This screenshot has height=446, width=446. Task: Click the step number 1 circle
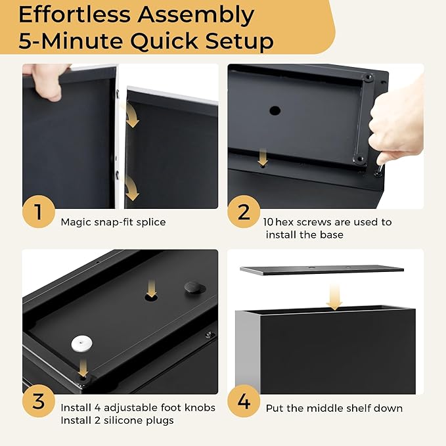point(38,212)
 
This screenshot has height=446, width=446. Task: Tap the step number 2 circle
point(244,212)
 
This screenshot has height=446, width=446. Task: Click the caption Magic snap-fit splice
point(113,222)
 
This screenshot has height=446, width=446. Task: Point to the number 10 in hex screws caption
point(271,222)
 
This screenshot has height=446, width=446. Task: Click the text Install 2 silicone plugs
point(117,420)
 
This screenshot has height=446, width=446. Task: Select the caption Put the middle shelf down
point(334,409)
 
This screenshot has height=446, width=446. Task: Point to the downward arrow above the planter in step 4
point(335,296)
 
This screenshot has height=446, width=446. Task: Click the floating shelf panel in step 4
point(321,269)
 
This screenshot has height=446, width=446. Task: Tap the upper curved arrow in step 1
point(132,117)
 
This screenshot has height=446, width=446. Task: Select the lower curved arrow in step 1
point(132,189)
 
